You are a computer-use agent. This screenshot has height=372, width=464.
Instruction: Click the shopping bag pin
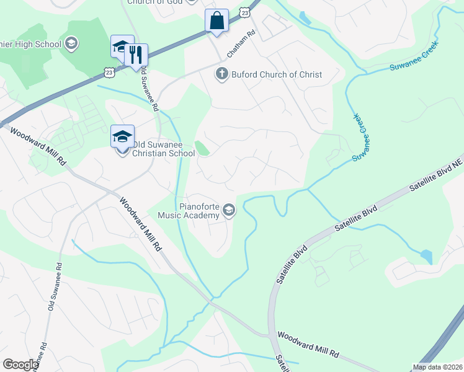pos(217,21)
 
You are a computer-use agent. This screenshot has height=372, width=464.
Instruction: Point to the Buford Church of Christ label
pos(277,74)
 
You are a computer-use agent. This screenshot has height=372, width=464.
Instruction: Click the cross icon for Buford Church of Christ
pos(221,74)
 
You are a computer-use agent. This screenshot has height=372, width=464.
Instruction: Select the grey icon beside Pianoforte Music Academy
pos(229,211)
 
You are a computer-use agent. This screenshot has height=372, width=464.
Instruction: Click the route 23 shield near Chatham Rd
pos(245,12)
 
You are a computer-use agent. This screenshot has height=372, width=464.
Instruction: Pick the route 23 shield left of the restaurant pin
pos(109,73)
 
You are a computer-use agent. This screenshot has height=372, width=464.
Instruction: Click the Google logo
pos(20,365)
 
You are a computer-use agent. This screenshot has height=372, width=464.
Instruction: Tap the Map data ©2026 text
pos(437,367)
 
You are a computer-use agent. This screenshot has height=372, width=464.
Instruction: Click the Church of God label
pos(155,2)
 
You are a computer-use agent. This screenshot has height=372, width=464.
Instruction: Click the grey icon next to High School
pos(71,43)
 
